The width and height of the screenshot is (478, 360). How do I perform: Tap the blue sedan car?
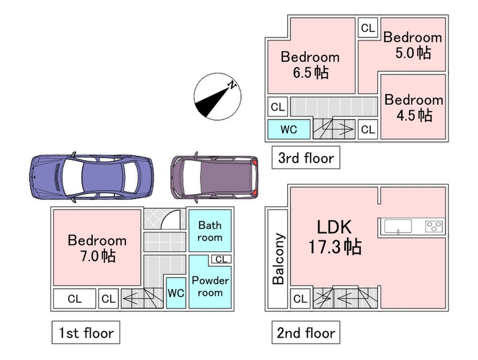(91, 176)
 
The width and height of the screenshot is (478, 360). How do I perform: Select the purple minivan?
(214, 176)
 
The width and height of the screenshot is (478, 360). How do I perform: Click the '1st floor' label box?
(85, 333)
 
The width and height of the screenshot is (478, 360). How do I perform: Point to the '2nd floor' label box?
(306, 333)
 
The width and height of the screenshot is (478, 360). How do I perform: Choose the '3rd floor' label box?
(306, 158)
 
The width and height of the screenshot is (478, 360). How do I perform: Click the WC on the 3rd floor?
(289, 130)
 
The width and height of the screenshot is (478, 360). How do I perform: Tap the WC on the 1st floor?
(176, 293)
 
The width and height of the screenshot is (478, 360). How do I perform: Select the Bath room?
(210, 231)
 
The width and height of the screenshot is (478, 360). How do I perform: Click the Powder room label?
(210, 287)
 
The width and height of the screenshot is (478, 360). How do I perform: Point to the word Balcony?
(279, 259)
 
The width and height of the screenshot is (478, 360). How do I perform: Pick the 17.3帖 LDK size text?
(335, 247)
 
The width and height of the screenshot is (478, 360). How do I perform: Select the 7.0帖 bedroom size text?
(97, 256)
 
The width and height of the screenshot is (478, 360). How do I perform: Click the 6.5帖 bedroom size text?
(310, 72)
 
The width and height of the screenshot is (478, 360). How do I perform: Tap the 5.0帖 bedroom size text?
(413, 53)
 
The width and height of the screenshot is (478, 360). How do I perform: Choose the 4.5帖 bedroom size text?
(414, 115)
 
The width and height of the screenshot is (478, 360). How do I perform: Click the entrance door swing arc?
(172, 219)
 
